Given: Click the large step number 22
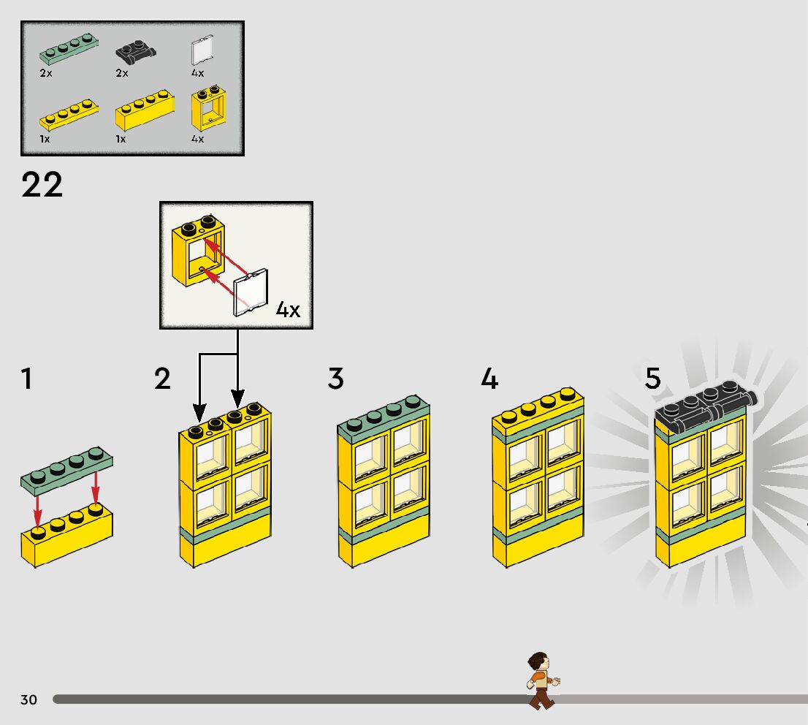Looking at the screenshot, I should pyautogui.click(x=42, y=185).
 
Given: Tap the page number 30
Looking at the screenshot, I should pyautogui.click(x=28, y=699).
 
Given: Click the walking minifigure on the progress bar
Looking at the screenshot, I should pyautogui.click(x=541, y=680).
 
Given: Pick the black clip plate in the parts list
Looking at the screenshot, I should pyautogui.click(x=136, y=52).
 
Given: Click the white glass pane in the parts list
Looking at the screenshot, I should pyautogui.click(x=202, y=50).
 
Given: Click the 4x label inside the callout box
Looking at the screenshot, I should pyautogui.click(x=289, y=309).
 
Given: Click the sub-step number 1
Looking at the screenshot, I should pyautogui.click(x=27, y=379).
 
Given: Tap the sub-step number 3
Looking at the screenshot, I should pyautogui.click(x=335, y=379).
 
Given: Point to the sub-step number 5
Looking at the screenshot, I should pyautogui.click(x=652, y=379).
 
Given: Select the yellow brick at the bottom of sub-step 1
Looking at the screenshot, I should pyautogui.click(x=66, y=538).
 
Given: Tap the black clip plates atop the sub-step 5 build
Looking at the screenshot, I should pyautogui.click(x=705, y=410).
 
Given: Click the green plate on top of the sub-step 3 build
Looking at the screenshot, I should pyautogui.click(x=383, y=419).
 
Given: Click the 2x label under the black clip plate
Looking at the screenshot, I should pyautogui.click(x=121, y=72).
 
